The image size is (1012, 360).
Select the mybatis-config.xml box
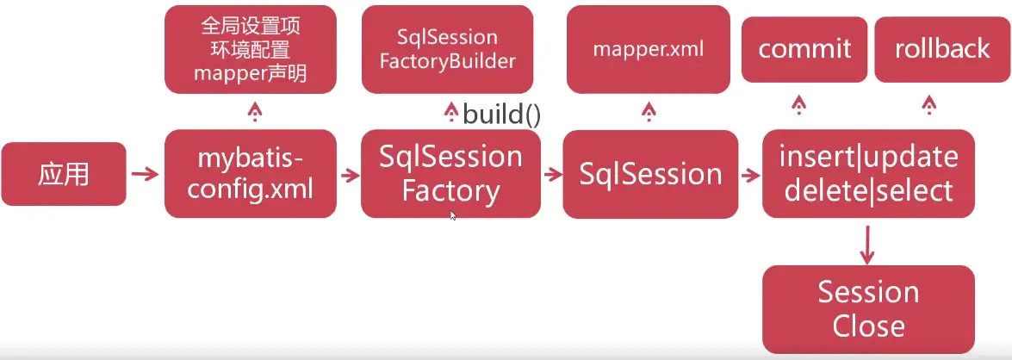tap(250, 174)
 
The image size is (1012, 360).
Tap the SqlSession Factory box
tap(450, 174)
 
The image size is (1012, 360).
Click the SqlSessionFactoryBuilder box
tap(446, 49)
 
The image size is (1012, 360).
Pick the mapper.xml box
tap(649, 49)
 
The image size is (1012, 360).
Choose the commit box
tap(804, 49)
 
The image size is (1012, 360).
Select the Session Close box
tap(868, 309)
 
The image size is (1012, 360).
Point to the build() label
tap(501, 115)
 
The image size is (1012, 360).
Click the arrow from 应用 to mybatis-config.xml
tap(145, 175)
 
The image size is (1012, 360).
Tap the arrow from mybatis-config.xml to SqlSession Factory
tap(349, 175)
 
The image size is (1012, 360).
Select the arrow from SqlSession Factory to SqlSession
tap(551, 175)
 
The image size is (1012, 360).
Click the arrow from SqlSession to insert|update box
tap(750, 175)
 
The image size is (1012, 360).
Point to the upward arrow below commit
tap(798, 106)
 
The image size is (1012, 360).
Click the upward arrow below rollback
tap(928, 106)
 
